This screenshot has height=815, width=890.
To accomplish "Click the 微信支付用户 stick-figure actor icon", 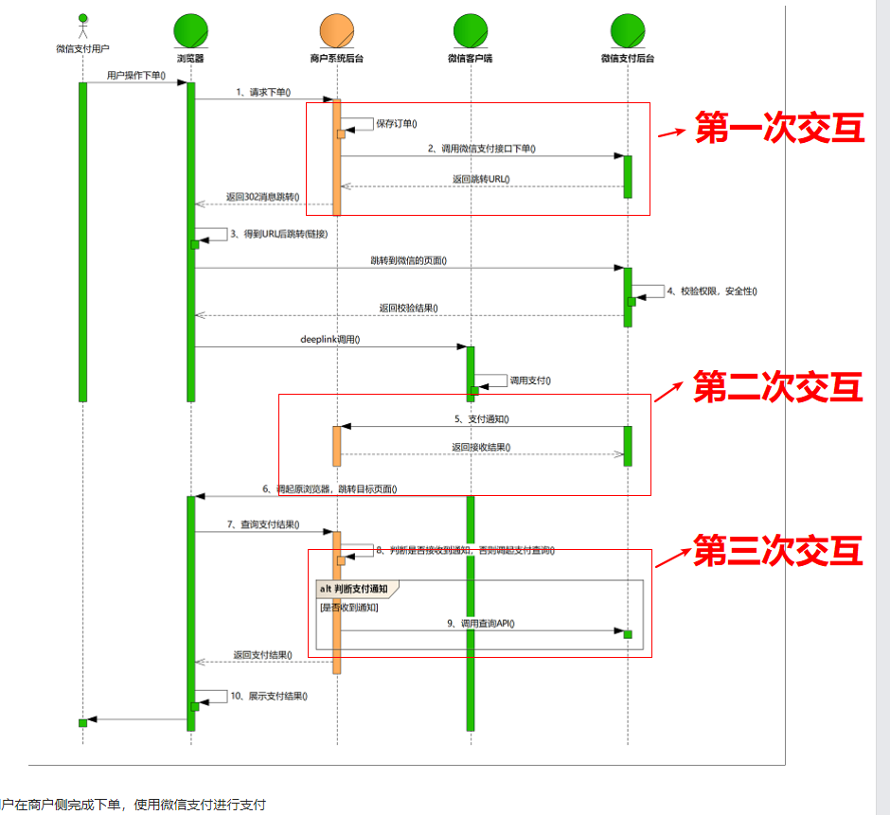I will tap(82, 26).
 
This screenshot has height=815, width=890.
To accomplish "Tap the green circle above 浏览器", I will tap(190, 32).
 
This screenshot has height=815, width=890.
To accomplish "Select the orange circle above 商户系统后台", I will tap(336, 32).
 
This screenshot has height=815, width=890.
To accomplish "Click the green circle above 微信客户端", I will tap(470, 32).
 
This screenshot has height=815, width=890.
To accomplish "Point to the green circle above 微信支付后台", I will tap(627, 32).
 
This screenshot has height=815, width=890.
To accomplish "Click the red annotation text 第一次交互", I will tap(779, 129).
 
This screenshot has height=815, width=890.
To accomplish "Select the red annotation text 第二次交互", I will tap(777, 386).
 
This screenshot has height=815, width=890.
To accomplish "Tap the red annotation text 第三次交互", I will tap(777, 551).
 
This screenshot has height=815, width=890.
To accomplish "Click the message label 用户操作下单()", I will tap(136, 75).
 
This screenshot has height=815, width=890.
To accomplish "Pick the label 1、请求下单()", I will tap(263, 93).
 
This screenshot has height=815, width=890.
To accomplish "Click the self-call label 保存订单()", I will tap(397, 123).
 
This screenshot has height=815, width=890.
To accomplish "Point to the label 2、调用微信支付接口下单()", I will tap(481, 149).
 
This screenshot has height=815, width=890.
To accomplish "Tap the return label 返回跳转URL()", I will tap(481, 179).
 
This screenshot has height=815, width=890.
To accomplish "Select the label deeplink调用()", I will tap(329, 339).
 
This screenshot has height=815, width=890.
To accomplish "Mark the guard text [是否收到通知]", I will tap(349, 608).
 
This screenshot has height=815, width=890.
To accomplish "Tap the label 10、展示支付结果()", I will tap(269, 696).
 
